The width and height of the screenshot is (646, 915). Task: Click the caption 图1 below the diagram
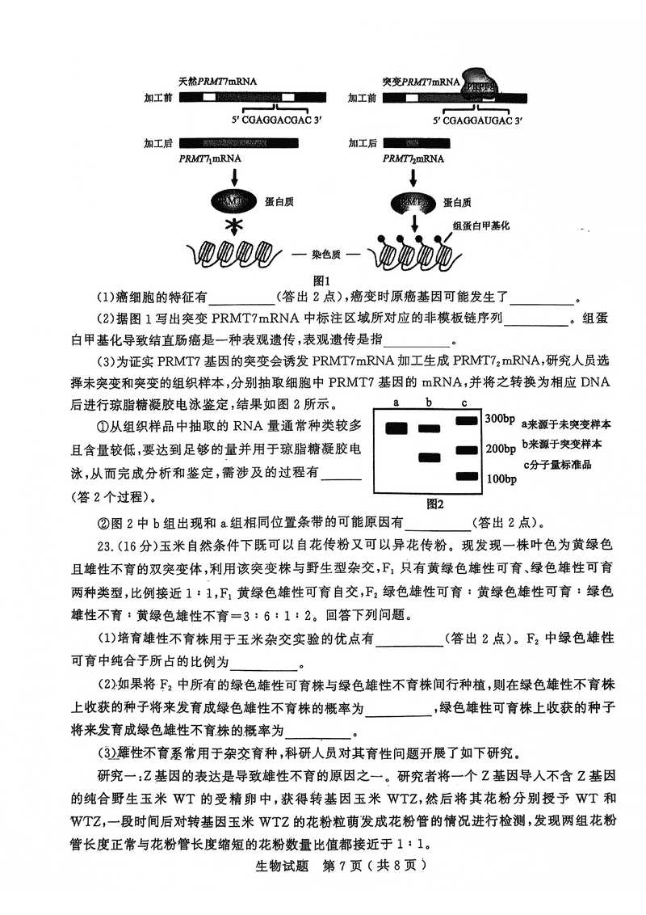[322, 280]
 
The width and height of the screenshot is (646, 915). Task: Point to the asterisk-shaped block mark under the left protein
[235, 225]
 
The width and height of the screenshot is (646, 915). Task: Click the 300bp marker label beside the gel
[500, 419]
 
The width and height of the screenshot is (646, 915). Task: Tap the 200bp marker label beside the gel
[500, 449]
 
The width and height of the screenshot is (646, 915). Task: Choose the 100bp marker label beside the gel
[500, 479]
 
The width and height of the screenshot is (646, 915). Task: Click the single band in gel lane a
[396, 428]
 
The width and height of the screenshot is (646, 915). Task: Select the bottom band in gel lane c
[468, 476]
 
